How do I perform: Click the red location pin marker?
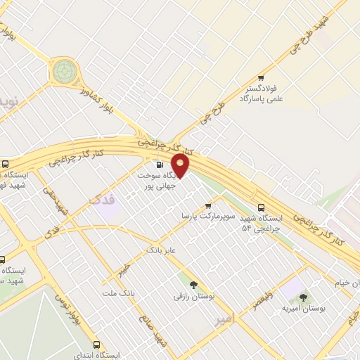(x=181, y=165)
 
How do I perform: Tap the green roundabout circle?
(x=64, y=70)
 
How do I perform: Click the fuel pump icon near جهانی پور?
(x=160, y=166)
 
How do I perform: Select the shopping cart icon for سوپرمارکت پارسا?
(x=207, y=205)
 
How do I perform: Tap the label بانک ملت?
(x=117, y=292)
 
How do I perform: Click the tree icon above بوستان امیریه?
(x=303, y=298)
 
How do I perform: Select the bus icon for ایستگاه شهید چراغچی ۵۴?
(x=261, y=207)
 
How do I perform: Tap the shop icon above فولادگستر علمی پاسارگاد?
(x=261, y=78)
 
